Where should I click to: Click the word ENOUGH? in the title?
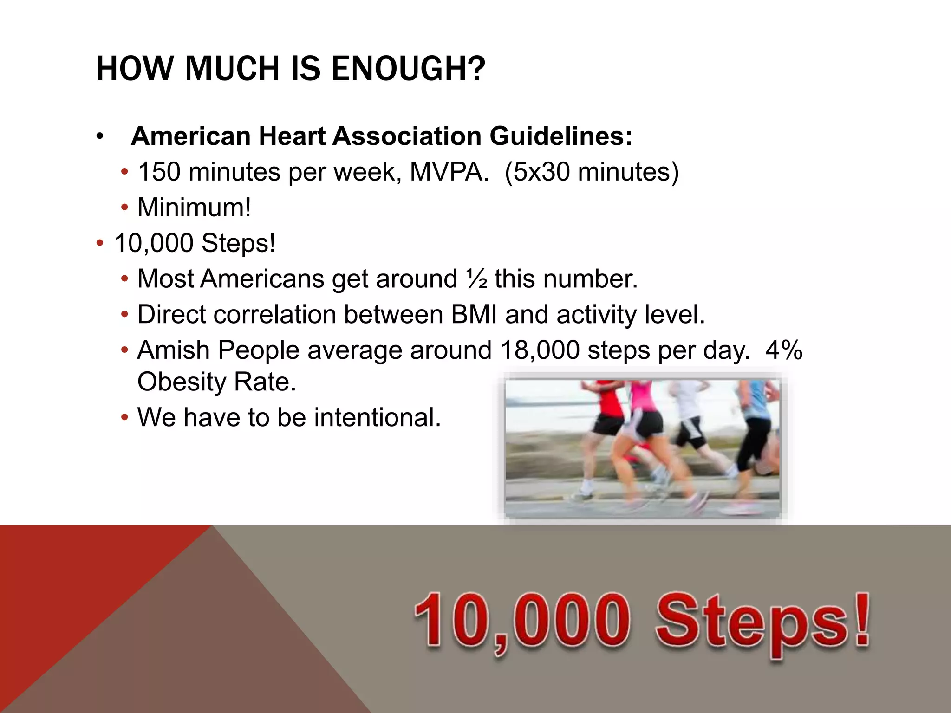coord(408,69)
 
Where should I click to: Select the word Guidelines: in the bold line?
coord(560,136)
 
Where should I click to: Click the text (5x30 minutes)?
coord(592,172)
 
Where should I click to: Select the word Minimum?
coord(194,207)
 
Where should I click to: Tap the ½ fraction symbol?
coord(476,279)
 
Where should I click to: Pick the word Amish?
coord(173,350)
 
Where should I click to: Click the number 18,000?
coord(540,350)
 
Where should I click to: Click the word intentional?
coord(377,417)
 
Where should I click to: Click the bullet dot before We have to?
coord(124,417)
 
